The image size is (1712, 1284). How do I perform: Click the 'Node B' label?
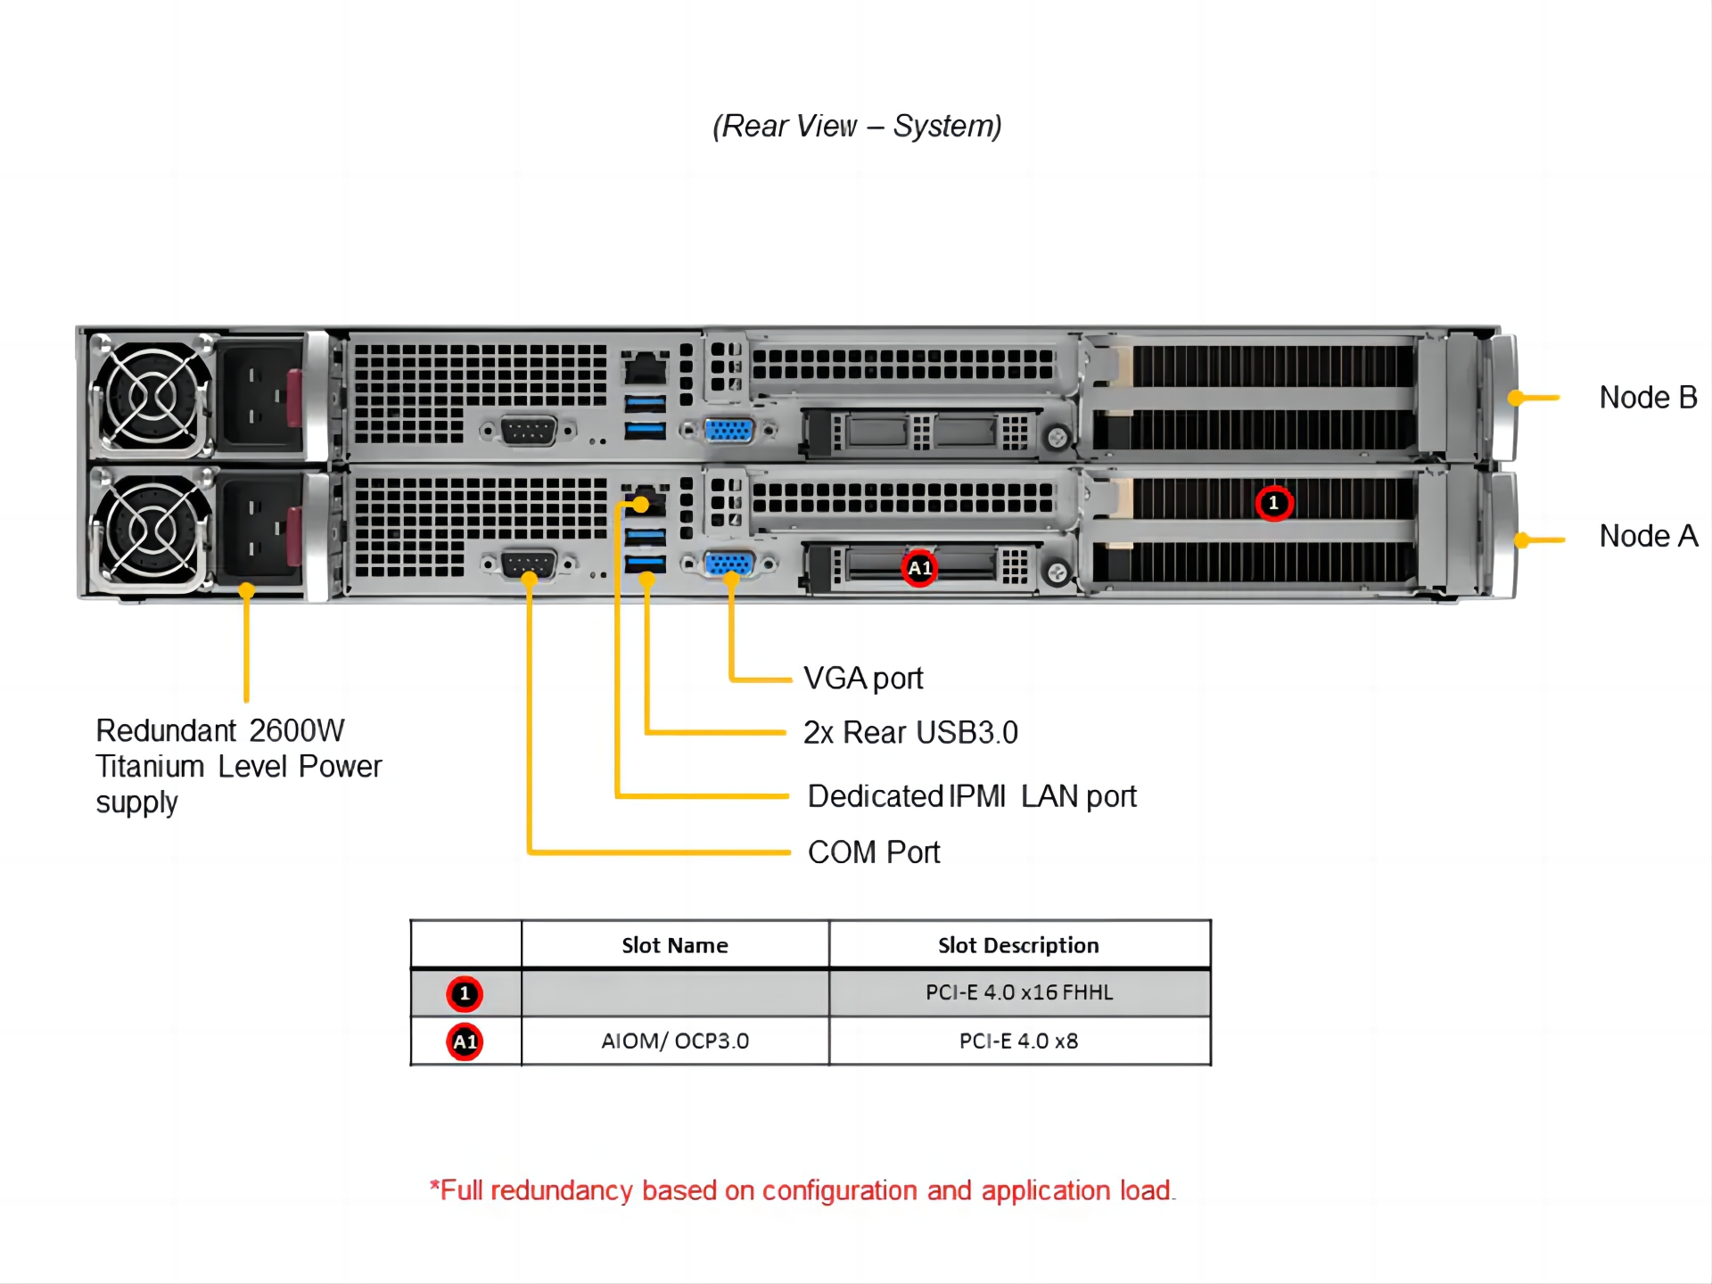point(1648,398)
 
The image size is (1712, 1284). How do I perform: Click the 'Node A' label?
point(1648,536)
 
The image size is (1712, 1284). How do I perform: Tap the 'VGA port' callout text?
point(863,679)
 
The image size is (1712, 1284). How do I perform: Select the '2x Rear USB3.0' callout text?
point(910,732)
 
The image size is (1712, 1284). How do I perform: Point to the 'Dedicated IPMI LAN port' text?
point(972,796)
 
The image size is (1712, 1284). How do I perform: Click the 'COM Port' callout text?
point(874,852)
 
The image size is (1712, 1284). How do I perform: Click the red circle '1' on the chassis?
point(1273,503)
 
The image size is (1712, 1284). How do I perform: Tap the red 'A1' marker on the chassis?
point(919,568)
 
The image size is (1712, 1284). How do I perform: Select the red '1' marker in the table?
point(465,993)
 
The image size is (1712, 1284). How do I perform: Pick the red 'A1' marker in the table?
point(465,1041)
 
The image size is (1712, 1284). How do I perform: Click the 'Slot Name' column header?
point(675,945)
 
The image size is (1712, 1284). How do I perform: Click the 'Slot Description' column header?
point(1018,945)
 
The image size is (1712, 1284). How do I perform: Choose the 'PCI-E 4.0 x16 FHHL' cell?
point(1019,992)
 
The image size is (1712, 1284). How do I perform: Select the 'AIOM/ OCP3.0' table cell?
point(675,1041)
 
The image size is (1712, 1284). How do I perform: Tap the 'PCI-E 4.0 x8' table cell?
point(1018,1041)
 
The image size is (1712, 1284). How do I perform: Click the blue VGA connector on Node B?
point(728,431)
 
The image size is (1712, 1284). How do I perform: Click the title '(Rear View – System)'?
point(857,127)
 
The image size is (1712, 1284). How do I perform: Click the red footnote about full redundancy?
point(802,1190)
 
